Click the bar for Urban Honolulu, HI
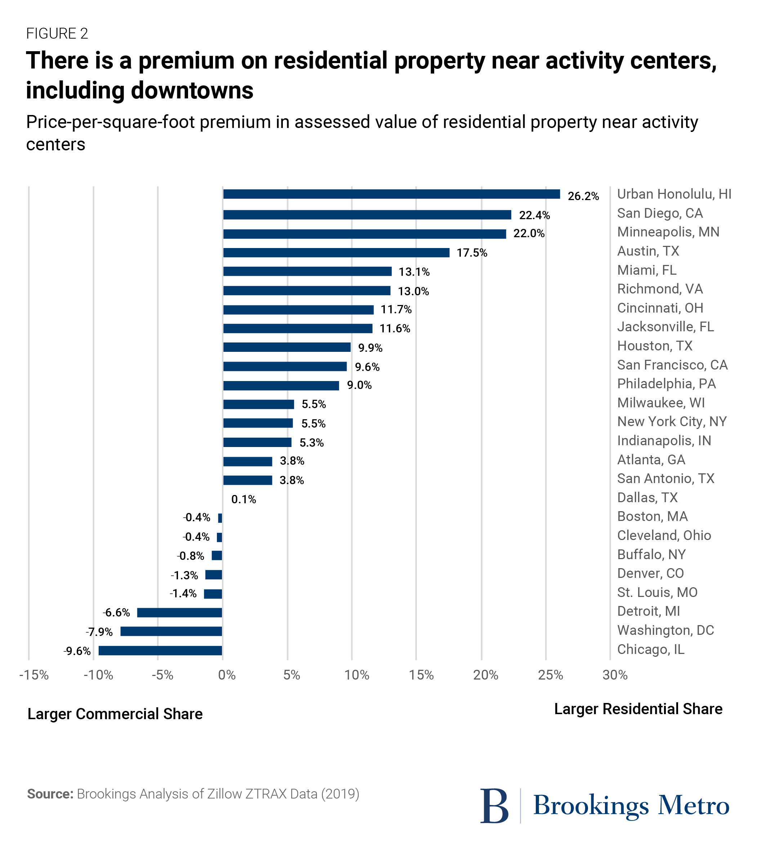(391, 194)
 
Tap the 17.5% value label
(472, 253)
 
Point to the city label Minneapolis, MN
(668, 232)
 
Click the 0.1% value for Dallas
(244, 499)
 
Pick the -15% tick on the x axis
(34, 675)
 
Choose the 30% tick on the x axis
(615, 675)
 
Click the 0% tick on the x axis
(227, 675)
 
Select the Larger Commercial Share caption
(115, 714)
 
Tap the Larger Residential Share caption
(638, 709)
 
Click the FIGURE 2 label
(57, 34)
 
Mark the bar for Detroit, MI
(179, 612)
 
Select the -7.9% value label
(99, 632)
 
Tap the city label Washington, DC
(665, 630)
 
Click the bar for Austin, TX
(336, 253)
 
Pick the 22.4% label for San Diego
(534, 216)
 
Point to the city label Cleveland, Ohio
(664, 535)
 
